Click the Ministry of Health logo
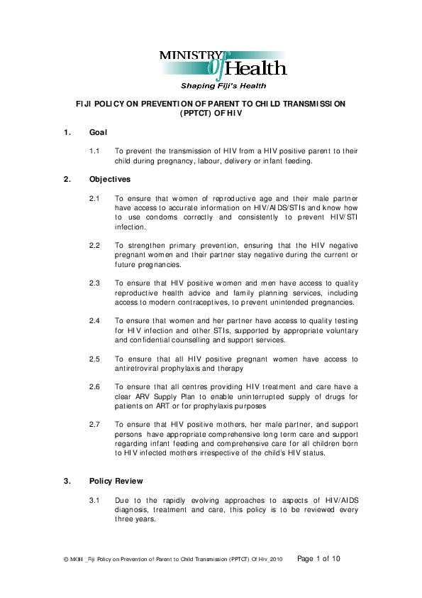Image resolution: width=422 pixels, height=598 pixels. tap(223, 65)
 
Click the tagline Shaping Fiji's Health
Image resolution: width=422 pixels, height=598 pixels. tap(223, 86)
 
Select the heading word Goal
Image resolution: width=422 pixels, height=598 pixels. tap(98, 133)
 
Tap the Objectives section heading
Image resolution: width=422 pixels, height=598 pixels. tap(110, 180)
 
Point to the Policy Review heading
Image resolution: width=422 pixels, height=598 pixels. tap(116, 481)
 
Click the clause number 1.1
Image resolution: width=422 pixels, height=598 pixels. tap(94, 151)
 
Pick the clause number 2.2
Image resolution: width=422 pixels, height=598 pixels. tap(94, 246)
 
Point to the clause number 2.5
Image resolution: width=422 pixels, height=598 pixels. tap(94, 359)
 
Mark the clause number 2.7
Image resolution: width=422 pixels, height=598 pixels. tap(94, 425)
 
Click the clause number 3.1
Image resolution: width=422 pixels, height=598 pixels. tap(94, 500)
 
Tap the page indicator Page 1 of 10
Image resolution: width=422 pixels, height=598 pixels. tap(318, 559)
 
